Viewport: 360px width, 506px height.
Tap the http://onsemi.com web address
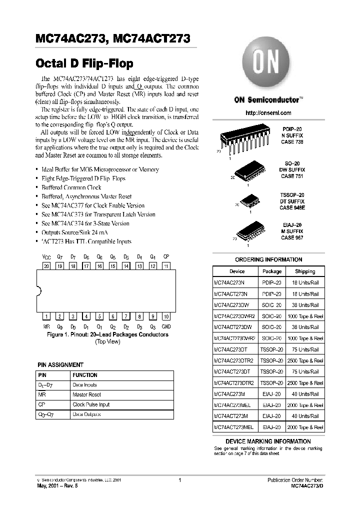tap(268, 113)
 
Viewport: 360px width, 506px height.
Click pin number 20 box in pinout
tap(46, 266)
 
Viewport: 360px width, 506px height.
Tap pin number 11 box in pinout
tap(166, 266)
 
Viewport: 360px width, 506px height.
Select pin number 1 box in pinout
tap(46, 316)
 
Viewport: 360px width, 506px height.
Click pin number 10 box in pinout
tap(166, 316)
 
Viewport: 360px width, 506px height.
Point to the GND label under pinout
tap(166, 326)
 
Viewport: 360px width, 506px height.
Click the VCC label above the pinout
tap(46, 256)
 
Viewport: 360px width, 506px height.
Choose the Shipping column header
tap(304, 271)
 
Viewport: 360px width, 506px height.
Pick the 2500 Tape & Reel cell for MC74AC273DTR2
tap(304, 360)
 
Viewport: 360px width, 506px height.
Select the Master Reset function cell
tap(87, 395)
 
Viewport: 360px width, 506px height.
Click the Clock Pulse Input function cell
tap(91, 404)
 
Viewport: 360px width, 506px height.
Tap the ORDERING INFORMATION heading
tap(268, 260)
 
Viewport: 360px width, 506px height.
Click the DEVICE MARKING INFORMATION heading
tap(268, 441)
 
